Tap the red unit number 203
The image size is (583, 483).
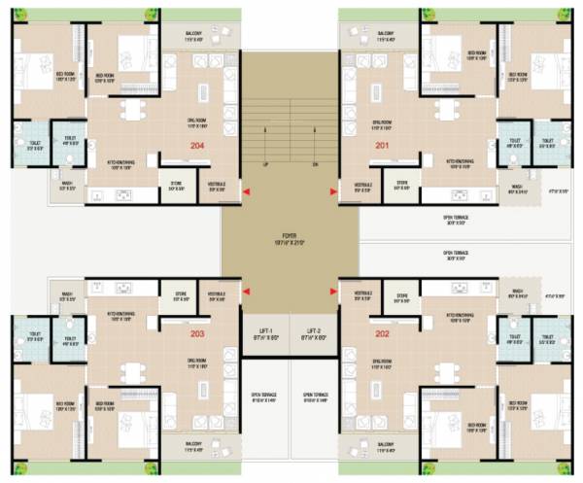[197, 334]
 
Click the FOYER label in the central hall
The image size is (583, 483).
[289, 236]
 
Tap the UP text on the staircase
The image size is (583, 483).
[265, 164]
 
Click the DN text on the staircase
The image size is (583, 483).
[315, 164]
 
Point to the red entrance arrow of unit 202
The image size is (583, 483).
[333, 290]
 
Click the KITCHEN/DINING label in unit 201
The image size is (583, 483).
[461, 164]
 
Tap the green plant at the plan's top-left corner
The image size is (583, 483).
[14, 13]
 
